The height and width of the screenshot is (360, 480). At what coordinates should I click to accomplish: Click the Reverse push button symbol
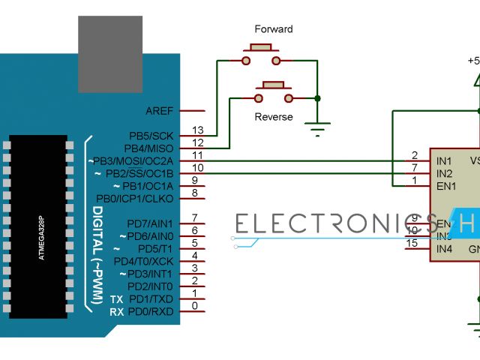point(273,92)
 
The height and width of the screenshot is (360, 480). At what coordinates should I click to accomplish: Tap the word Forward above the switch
point(274,29)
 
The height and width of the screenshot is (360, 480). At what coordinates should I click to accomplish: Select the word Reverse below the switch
point(273,117)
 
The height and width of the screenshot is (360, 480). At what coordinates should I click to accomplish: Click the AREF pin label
point(159,111)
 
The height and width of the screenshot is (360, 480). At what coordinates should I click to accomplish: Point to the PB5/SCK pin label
point(151,136)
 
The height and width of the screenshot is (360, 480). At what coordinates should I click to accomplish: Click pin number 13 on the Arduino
point(198,130)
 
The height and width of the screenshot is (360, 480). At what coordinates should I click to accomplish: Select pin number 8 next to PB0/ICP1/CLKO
point(195,193)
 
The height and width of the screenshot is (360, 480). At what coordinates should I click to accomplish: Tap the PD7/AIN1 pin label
point(150,223)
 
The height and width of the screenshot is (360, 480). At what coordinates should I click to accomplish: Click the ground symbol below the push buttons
point(319,129)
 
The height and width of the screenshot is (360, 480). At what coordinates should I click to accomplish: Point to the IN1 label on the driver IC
point(445,161)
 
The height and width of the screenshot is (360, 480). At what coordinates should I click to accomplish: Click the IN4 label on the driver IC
point(445,248)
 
